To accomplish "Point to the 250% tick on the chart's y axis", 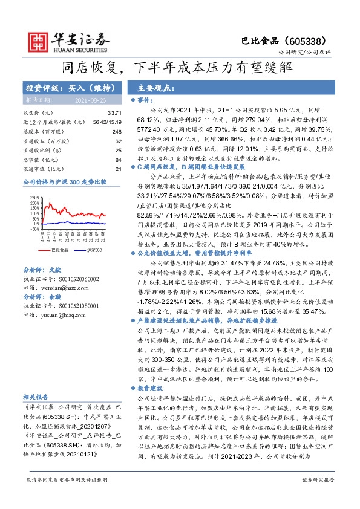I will point(36,197).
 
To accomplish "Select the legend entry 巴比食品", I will point(59,248).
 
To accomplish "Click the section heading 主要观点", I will point(156,87).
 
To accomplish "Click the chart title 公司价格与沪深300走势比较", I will point(64,181).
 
